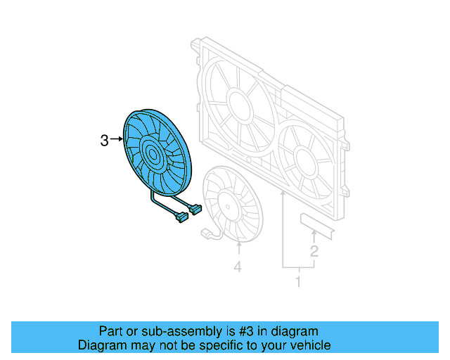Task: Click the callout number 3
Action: click(104, 141)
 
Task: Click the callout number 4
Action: click(238, 267)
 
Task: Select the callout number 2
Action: click(314, 250)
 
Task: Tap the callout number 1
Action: click(297, 282)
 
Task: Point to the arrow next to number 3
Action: click(117, 141)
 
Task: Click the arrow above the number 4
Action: click(238, 250)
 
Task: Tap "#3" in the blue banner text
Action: click(236, 331)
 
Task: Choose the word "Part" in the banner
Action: click(110, 331)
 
